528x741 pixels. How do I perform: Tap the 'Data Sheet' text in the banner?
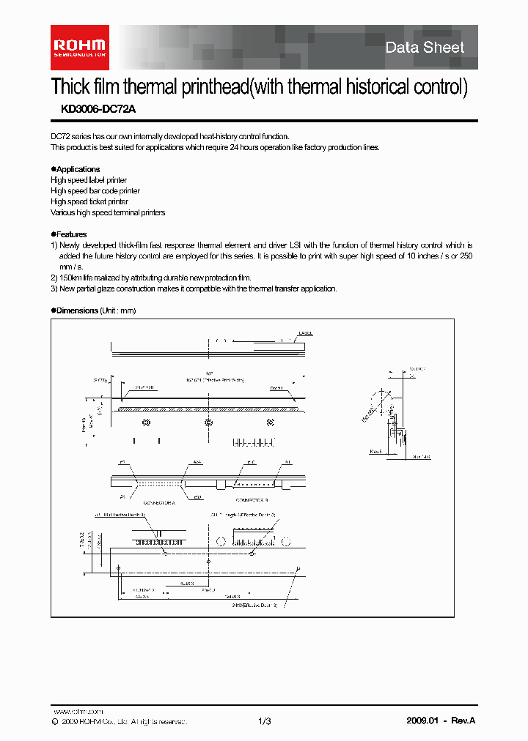coord(425,48)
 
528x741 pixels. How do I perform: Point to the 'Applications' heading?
coord(77,169)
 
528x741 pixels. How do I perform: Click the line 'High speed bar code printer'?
coord(95,190)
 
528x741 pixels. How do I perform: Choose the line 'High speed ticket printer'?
coord(89,201)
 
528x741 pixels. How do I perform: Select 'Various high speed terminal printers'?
coord(108,212)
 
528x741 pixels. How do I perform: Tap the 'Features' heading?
coord(71,234)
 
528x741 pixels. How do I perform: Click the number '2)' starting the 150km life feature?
coord(54,278)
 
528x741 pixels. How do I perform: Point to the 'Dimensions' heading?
coord(77,310)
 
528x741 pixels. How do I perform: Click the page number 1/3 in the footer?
coord(265,721)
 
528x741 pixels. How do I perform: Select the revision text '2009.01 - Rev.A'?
coord(441,721)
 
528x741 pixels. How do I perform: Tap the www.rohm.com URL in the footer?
coord(78,711)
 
